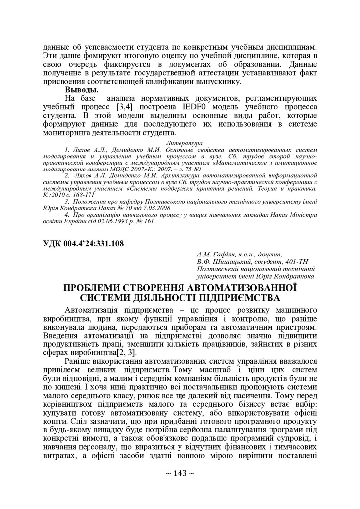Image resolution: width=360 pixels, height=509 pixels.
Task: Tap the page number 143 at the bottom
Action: point(180,473)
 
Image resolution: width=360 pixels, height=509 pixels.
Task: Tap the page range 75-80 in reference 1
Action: point(190,169)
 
